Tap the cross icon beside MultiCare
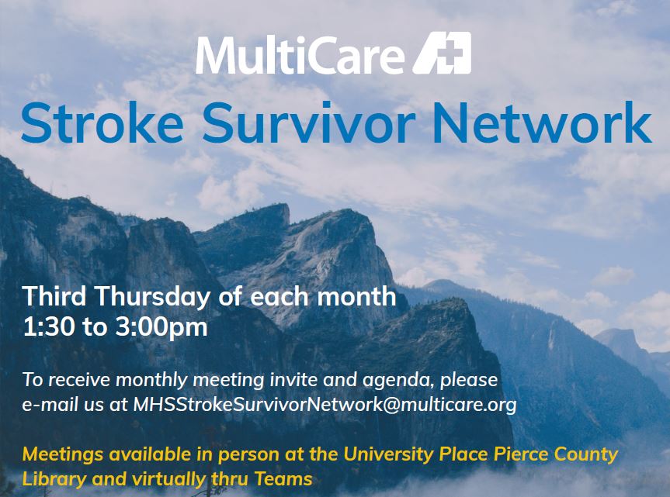click(x=442, y=53)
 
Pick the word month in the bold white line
click(x=354, y=296)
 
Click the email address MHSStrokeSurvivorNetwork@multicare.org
click(x=325, y=404)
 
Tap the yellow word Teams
click(x=287, y=478)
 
